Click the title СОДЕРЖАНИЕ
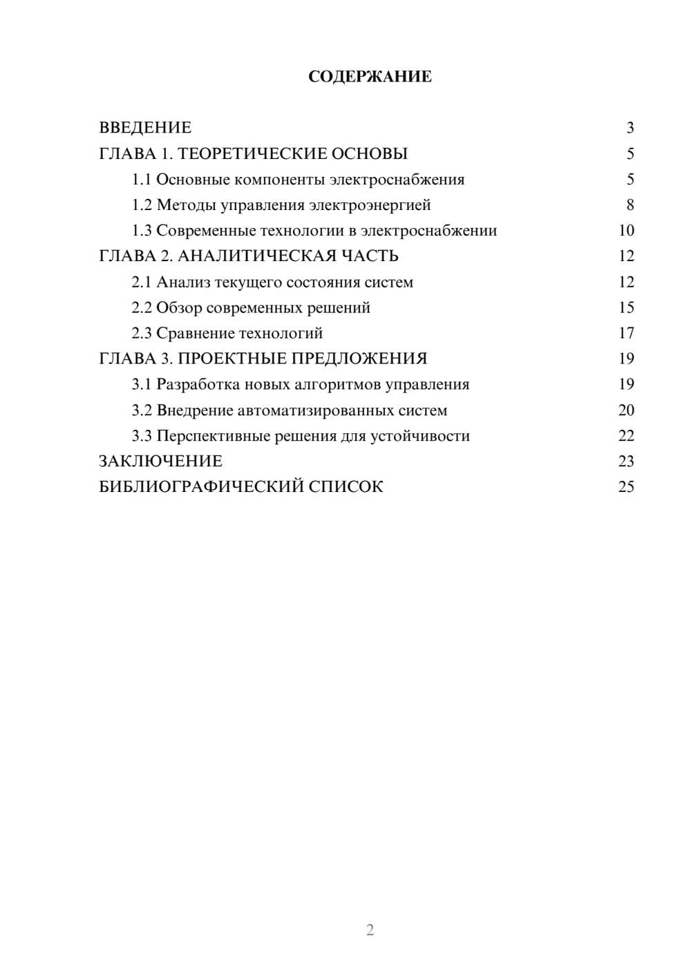pyautogui.click(x=370, y=77)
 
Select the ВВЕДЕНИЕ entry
pyautogui.click(x=145, y=128)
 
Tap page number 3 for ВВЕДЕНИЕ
pyautogui.click(x=630, y=128)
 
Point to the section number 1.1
pyautogui.click(x=142, y=180)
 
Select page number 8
pyautogui.click(x=630, y=205)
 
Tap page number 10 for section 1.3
pyautogui.click(x=626, y=231)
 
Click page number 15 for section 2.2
pyautogui.click(x=626, y=308)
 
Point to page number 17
pyautogui.click(x=626, y=334)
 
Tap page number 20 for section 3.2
pyautogui.click(x=626, y=410)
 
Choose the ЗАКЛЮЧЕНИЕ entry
pyautogui.click(x=160, y=461)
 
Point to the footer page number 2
pyautogui.click(x=370, y=930)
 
